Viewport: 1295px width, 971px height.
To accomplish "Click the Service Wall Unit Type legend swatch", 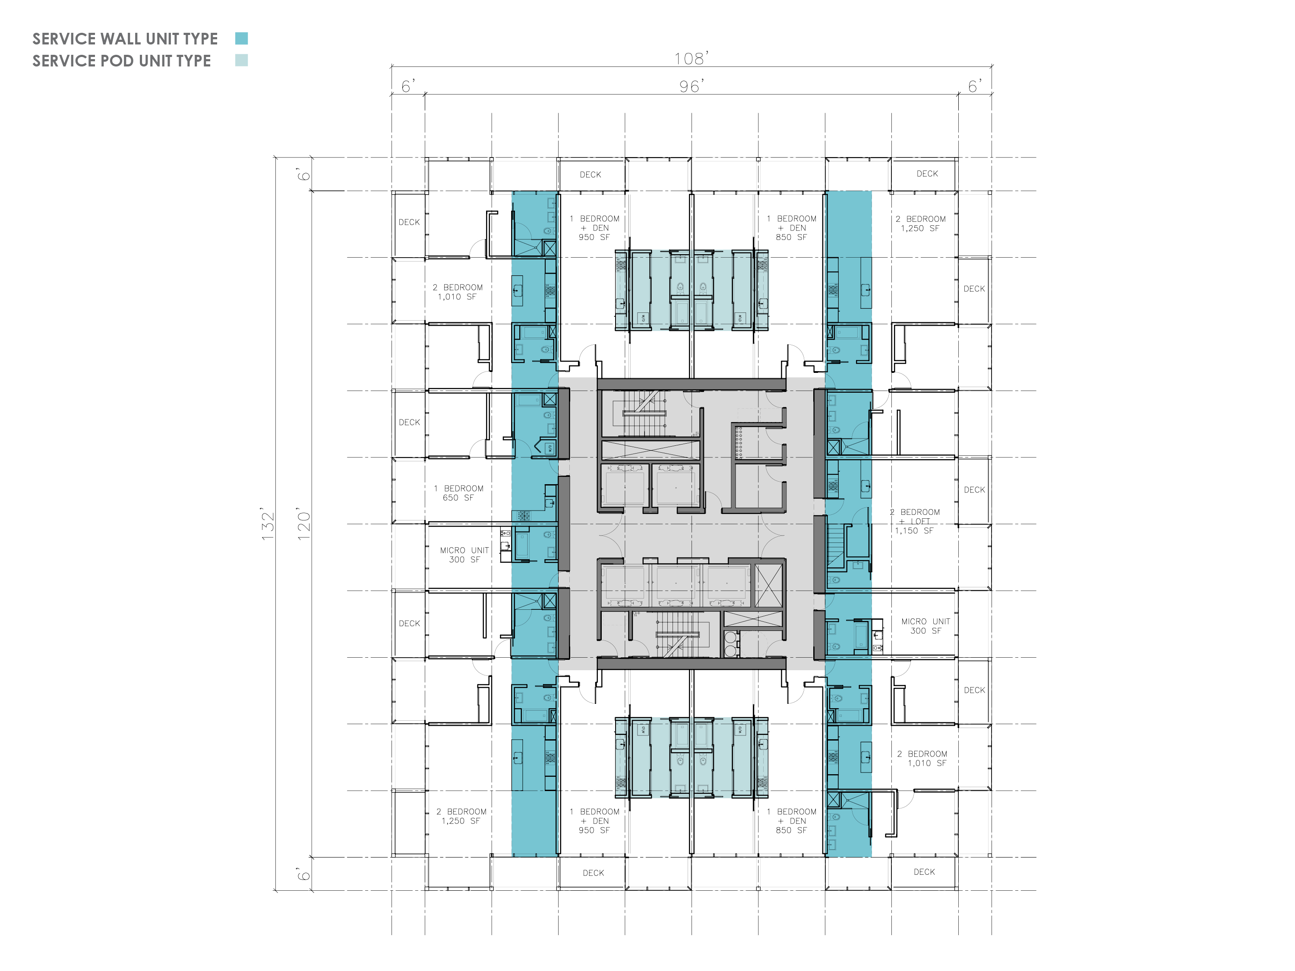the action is (241, 39).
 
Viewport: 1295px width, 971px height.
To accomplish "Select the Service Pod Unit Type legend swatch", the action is (241, 60).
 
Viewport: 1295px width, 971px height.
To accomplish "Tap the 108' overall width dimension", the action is (692, 59).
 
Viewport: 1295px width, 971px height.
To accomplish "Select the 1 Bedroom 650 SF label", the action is (459, 493).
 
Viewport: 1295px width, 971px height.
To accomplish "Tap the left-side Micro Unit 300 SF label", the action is (464, 555).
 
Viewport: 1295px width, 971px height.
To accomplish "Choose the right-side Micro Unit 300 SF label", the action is (925, 626).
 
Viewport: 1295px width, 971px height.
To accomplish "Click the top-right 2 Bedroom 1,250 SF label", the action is (920, 224).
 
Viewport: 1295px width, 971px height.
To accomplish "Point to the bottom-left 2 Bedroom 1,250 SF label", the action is (461, 817).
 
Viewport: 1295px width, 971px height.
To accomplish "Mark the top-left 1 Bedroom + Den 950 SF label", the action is (595, 228).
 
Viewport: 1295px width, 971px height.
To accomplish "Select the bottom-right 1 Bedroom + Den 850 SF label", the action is (792, 820).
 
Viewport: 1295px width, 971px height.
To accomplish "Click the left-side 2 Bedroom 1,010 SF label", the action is (458, 292).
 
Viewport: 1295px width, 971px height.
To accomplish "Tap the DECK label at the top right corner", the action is (927, 174).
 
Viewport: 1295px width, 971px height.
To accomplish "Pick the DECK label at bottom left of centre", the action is (594, 873).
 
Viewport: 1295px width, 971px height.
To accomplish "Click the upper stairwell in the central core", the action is (644, 413).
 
